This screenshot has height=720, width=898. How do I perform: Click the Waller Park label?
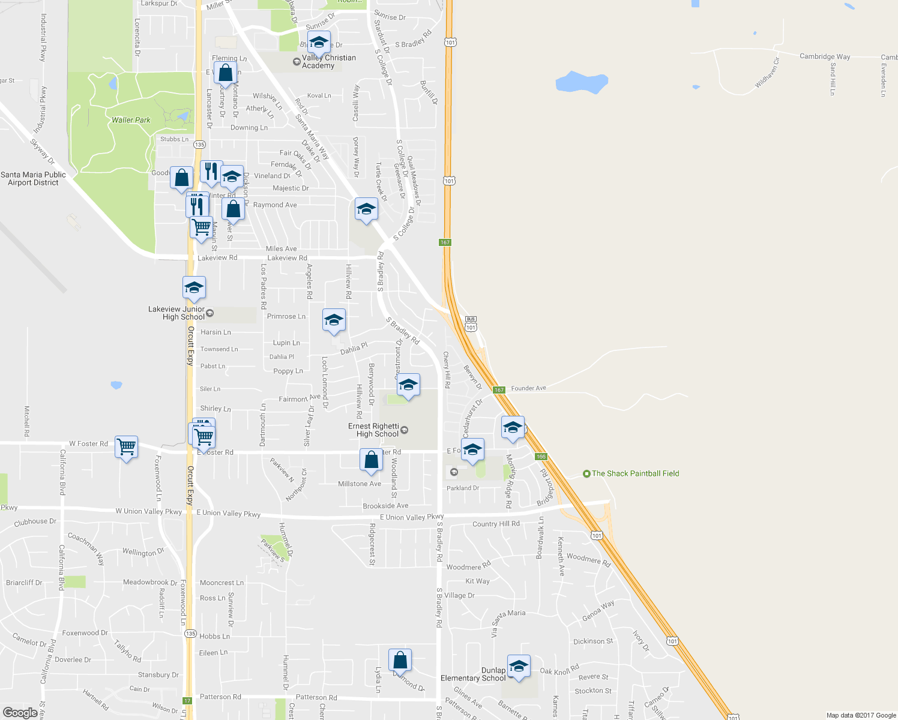(131, 120)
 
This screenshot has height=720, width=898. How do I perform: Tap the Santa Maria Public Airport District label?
(34, 179)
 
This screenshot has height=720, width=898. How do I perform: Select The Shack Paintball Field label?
(635, 473)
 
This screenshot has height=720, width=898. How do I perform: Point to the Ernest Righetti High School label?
(373, 430)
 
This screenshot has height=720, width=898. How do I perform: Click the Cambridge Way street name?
(825, 56)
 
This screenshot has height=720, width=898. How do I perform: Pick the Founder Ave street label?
(528, 388)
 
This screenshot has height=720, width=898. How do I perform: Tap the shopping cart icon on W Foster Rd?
(126, 447)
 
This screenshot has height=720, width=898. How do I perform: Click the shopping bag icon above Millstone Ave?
(372, 460)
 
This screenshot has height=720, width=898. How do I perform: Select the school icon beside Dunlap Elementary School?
(519, 667)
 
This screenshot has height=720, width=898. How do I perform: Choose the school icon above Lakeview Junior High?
(194, 288)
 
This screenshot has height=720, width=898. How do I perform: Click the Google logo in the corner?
(20, 713)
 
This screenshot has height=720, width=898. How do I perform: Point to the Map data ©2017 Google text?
(861, 715)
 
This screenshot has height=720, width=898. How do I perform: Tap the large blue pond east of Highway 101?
(581, 82)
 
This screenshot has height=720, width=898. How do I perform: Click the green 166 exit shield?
(541, 457)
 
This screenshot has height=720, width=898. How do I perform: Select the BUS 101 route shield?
(471, 324)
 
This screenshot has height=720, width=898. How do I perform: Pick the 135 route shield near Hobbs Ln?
(190, 634)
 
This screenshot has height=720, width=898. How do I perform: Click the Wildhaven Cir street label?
(767, 73)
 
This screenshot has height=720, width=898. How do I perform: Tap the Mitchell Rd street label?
(26, 421)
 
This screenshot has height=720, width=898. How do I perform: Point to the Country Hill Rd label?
(496, 524)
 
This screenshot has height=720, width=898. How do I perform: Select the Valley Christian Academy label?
(328, 62)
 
